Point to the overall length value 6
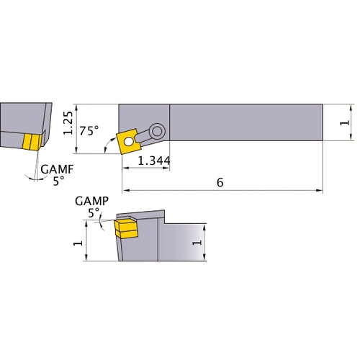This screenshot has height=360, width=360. [220, 182]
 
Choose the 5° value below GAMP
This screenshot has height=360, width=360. [94, 213]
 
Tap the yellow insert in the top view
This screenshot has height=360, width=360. [129, 140]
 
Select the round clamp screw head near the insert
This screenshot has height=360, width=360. [156, 130]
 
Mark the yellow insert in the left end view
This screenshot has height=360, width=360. [31, 142]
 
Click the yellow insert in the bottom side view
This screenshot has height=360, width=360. [125, 229]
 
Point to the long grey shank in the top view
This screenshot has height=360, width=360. [245, 123]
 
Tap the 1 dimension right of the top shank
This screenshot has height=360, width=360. [344, 124]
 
